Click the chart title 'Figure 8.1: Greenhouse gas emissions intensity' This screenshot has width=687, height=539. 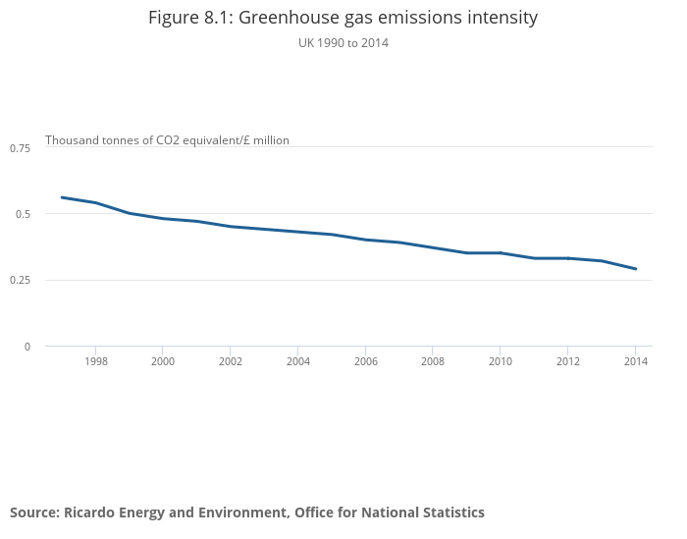343,18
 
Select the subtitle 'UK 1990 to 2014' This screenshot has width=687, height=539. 343,43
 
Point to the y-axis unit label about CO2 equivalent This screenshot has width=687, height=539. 167,140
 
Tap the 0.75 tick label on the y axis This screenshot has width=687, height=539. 21,147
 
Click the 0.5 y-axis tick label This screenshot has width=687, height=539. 24,214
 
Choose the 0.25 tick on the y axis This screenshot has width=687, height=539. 21,280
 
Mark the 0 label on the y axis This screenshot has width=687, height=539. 26,347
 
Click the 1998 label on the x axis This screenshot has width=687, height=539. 96,361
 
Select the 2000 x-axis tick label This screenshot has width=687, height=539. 163,361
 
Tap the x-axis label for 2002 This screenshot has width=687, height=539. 231,361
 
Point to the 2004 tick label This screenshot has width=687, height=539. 298,361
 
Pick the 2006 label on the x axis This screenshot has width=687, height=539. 365,361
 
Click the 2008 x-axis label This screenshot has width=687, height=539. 433,361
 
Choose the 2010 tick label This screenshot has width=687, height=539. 501,361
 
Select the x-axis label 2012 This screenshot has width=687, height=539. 568,361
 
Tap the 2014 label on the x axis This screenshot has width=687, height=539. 636,361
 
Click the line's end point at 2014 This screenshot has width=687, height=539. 636,269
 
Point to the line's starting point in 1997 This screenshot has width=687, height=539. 62,197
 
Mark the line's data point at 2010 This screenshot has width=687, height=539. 501,253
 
